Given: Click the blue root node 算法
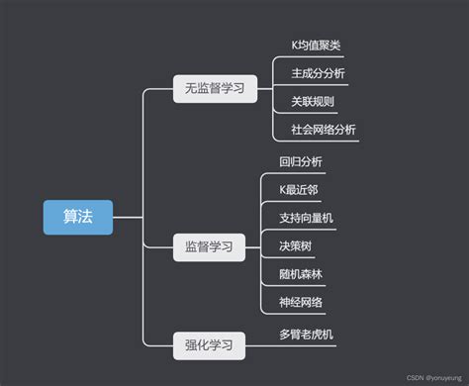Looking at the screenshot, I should click(77, 217).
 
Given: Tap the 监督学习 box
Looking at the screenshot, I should click(208, 245).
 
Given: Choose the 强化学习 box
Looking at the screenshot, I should click(208, 344).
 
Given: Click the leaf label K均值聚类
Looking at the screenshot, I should click(317, 46).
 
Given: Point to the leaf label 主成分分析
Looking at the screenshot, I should click(318, 73).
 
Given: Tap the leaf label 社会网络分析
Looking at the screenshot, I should click(324, 130).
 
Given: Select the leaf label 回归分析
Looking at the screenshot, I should click(301, 160).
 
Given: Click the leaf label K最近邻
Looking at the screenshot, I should click(298, 188).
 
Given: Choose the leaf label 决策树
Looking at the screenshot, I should click(295, 245).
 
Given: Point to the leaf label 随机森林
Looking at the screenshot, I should click(301, 273).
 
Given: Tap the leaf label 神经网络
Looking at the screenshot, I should click(301, 302).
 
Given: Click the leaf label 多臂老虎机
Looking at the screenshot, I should click(307, 335).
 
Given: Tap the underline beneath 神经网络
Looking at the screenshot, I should click(301, 313).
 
